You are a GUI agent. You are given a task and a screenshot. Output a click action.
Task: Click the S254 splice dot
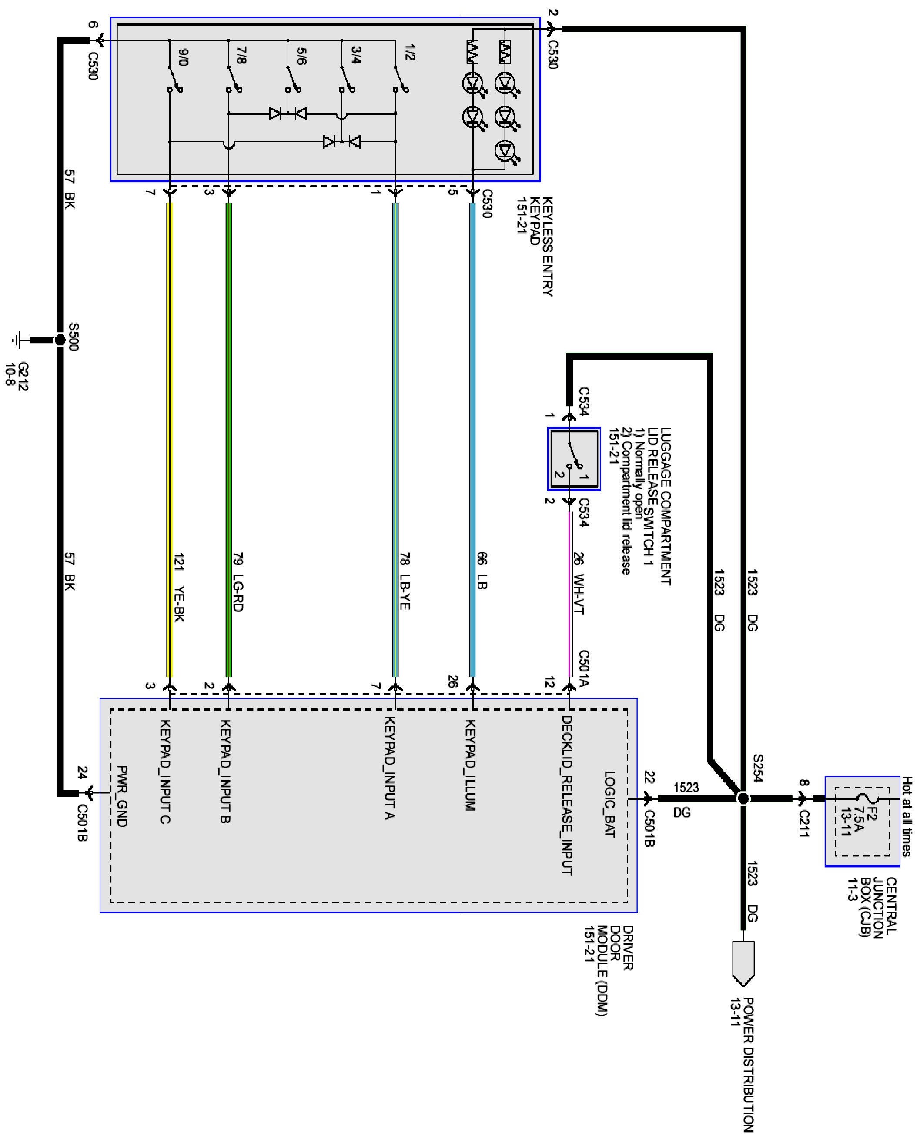point(743,798)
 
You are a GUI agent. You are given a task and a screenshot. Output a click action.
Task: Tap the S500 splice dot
point(60,340)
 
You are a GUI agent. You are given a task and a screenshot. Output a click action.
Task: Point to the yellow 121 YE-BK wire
point(170,440)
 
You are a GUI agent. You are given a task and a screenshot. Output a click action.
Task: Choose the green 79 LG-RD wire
point(229,440)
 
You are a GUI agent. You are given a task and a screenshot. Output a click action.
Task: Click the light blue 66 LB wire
point(473,440)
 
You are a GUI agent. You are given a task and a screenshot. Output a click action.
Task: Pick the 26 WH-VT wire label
point(579,583)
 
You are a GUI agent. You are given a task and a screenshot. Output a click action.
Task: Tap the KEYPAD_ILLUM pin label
point(469,765)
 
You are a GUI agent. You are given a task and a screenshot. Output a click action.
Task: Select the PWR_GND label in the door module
point(122,796)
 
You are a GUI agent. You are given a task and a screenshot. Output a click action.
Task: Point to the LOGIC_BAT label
point(609,804)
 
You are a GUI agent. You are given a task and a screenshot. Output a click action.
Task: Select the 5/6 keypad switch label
point(301,56)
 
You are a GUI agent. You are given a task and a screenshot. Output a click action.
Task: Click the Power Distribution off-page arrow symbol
point(743,964)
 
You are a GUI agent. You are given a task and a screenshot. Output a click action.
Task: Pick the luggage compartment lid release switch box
point(574,459)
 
